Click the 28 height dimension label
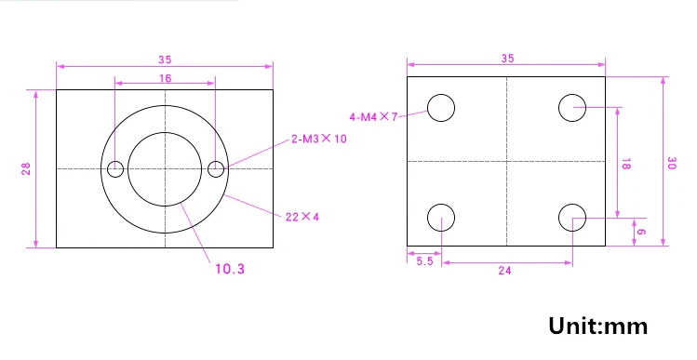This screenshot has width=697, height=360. point(26,168)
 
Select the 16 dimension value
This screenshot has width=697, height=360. point(165,78)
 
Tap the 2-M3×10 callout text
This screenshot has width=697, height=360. point(318,139)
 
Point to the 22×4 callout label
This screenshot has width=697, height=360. point(302,217)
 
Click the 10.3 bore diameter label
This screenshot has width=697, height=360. point(230,269)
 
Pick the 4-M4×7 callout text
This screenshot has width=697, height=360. point(373,117)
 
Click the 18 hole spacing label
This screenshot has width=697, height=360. point(625,164)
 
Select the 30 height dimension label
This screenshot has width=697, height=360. point(672,163)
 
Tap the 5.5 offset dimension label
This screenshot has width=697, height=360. point(424,261)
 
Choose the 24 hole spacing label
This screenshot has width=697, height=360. point(504,270)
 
